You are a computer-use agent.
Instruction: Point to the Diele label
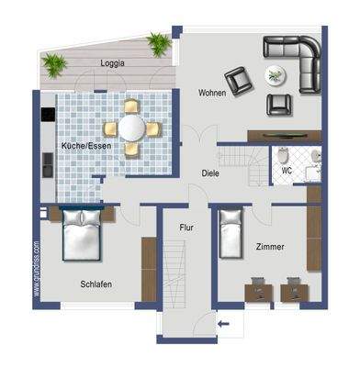211,172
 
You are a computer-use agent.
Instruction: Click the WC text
287,171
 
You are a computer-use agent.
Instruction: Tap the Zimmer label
270,247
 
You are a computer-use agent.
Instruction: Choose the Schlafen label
96,284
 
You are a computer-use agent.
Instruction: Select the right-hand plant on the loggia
160,43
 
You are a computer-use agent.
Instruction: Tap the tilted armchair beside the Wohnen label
239,82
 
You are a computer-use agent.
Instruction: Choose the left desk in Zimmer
256,292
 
